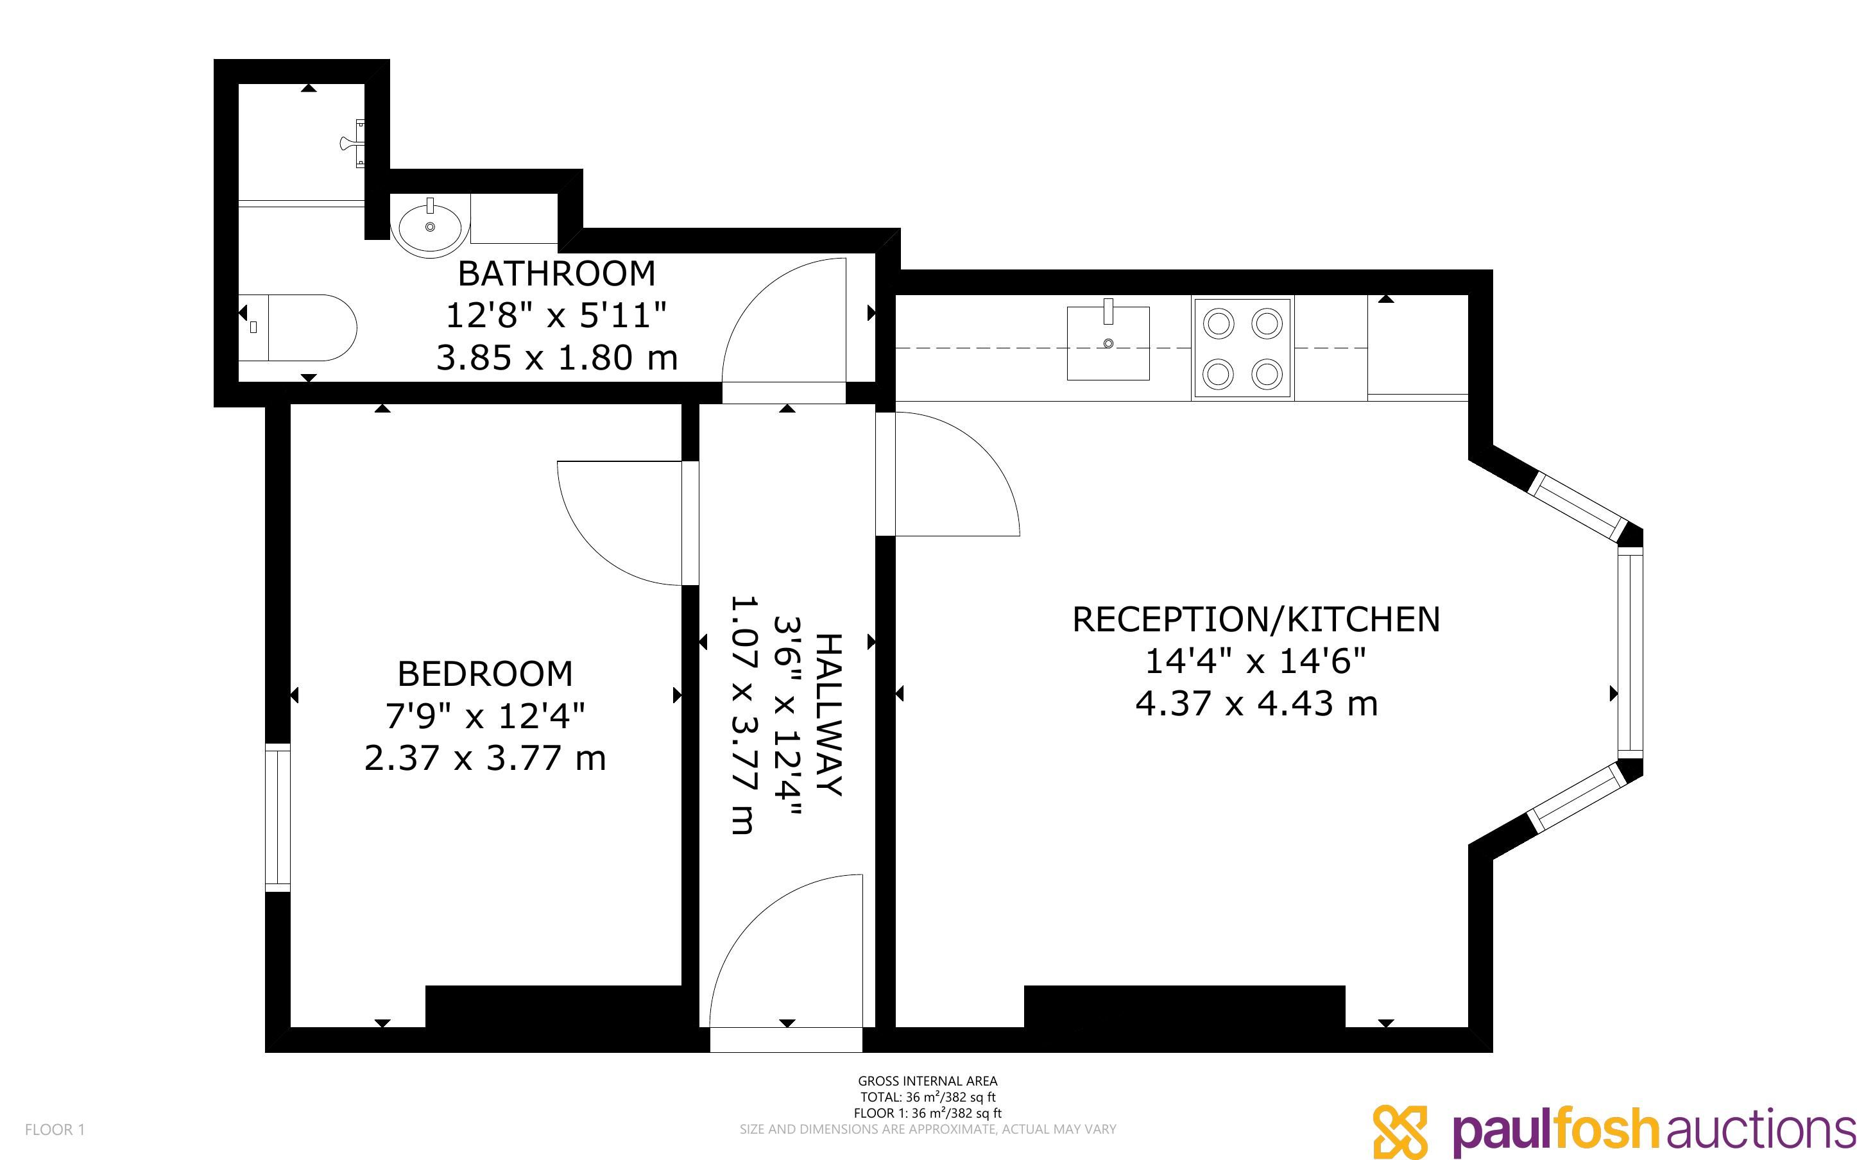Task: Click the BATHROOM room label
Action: coord(556,274)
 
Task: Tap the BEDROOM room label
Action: coord(484,674)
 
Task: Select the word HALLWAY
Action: coord(828,715)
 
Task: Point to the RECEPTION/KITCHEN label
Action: coord(1256,620)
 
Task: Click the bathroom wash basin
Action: coord(431,226)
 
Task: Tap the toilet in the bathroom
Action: coord(298,328)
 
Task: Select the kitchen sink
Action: coord(1108,343)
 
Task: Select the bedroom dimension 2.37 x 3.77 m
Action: coord(484,758)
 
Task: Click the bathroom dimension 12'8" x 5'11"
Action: coord(556,315)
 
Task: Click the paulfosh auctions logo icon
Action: coord(1400,1131)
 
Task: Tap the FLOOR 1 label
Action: coord(55,1129)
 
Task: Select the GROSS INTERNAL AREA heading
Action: coord(927,1081)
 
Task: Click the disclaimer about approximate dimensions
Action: coord(927,1129)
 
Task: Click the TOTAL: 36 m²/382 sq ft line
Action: coord(927,1097)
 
